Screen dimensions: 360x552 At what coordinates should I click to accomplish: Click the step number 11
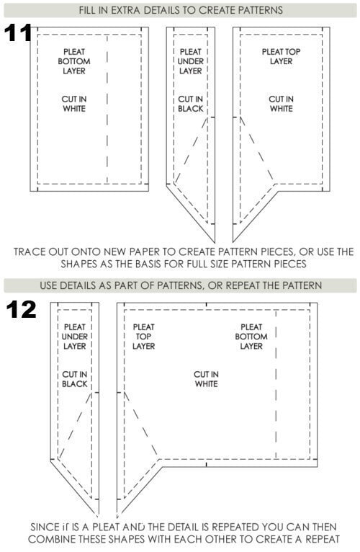coord(17,33)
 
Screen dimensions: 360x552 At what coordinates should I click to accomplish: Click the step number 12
coord(21,309)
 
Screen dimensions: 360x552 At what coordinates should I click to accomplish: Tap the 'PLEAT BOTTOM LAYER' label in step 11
coord(74,61)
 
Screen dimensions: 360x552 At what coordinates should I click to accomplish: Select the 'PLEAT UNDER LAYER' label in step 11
coord(190,61)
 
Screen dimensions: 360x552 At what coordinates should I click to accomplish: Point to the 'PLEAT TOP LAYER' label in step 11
coord(281,56)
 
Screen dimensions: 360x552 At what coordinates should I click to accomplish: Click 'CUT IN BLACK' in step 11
coord(190,104)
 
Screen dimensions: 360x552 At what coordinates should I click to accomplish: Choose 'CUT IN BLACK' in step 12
coord(74,379)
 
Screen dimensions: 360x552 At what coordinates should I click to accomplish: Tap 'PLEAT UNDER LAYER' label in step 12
coord(74,337)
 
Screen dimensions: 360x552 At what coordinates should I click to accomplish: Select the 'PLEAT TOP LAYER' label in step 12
coord(143,337)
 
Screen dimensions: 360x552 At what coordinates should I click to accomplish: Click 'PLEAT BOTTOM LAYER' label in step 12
coord(251,337)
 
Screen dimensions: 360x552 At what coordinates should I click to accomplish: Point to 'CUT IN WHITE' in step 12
coord(206,379)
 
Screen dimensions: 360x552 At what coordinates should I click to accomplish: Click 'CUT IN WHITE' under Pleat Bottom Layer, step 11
coord(74,104)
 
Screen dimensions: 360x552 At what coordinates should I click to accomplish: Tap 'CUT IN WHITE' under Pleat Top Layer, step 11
coord(281,104)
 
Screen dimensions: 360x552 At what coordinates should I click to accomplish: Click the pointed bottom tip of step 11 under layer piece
coord(215,242)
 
